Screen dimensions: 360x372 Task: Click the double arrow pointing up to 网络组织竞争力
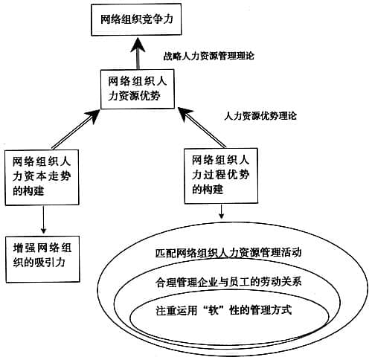point(136,51)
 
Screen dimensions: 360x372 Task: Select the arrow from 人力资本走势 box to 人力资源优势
point(74,126)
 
